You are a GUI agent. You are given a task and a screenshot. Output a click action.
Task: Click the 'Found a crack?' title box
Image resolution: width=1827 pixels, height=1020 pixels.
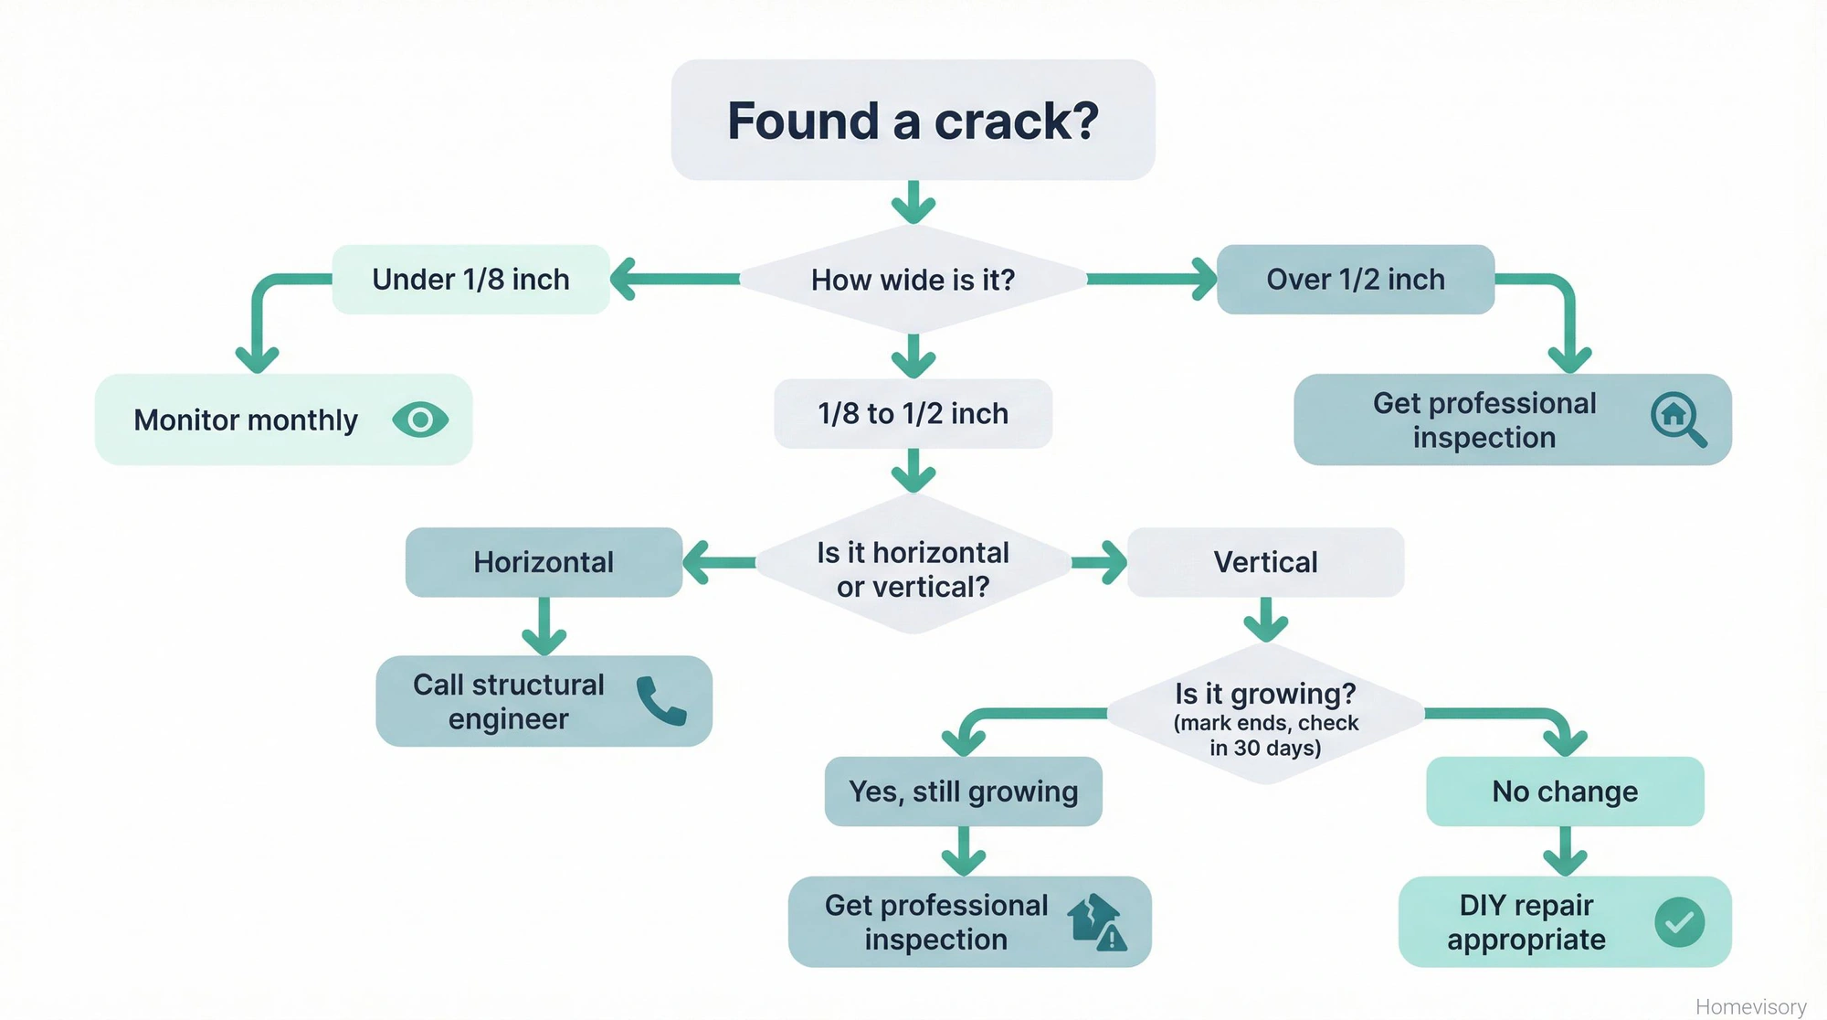913,120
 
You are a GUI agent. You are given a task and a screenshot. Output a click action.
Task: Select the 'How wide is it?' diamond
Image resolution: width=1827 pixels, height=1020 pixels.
913,280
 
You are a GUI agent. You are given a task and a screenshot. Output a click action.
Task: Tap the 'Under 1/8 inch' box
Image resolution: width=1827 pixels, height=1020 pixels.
470,280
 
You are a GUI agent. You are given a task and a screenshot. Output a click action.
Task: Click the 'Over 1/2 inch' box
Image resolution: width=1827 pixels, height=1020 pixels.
1356,280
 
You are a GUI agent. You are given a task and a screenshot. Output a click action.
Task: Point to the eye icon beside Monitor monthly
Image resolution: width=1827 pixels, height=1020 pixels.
420,420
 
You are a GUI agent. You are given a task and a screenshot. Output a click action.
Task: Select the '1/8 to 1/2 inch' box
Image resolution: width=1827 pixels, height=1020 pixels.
913,414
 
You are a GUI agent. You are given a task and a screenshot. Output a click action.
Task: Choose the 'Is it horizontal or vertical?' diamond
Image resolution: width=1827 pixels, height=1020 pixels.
913,568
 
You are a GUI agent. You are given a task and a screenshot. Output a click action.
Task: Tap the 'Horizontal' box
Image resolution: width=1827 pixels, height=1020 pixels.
544,562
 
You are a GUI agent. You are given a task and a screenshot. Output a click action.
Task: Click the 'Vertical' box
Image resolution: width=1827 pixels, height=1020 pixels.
1265,562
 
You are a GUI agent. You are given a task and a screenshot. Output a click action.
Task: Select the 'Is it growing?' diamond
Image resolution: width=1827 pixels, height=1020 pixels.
1265,717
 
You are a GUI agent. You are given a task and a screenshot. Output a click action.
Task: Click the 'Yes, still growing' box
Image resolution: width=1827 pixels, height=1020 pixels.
963,792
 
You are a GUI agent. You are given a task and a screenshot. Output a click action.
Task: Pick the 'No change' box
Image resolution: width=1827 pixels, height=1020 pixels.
1565,792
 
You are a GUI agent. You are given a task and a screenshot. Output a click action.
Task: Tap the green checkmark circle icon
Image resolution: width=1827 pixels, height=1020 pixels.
1679,922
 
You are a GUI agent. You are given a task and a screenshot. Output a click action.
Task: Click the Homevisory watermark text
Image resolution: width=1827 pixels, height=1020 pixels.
1750,1006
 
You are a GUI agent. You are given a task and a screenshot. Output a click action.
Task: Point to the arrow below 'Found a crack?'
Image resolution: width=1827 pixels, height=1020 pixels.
913,202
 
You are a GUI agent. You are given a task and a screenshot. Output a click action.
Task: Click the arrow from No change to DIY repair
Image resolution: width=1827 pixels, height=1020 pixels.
1565,852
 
